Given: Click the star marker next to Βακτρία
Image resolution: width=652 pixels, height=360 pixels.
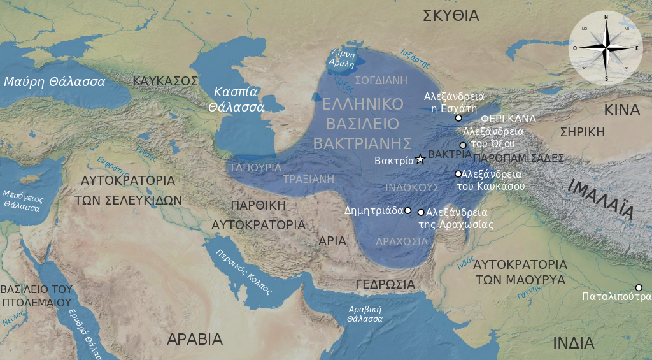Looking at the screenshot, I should (420, 159).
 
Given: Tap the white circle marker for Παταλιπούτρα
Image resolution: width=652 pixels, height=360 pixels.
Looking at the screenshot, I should (639, 287).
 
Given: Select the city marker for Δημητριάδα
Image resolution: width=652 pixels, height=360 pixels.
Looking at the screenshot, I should (408, 210).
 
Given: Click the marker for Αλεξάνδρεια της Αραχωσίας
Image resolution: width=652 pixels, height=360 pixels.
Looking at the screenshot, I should (421, 212).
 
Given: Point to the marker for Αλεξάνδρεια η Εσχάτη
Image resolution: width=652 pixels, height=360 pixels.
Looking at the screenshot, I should (458, 118).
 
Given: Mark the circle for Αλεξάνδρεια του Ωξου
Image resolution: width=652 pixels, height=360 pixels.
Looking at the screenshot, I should (463, 145).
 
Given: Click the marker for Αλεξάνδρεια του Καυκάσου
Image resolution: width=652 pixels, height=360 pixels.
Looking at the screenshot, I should (458, 174).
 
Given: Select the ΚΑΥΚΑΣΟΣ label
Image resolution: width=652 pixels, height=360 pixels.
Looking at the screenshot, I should (166, 81).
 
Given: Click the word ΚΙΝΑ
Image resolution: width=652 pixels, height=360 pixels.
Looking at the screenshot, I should (621, 110).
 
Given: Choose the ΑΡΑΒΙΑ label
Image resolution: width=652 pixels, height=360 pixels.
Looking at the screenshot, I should (194, 339).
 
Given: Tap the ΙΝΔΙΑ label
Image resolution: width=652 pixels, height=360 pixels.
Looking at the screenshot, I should (573, 343).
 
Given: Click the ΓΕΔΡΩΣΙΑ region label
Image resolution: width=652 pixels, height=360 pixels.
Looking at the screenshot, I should (385, 284).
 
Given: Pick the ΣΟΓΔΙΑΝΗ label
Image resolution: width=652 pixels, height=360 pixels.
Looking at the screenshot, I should (380, 81).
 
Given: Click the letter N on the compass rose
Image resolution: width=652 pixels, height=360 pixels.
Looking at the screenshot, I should (606, 17).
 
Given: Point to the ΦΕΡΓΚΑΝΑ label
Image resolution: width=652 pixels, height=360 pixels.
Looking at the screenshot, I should (508, 119).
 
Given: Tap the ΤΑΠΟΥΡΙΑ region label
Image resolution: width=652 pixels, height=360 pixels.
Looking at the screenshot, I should (255, 167).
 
